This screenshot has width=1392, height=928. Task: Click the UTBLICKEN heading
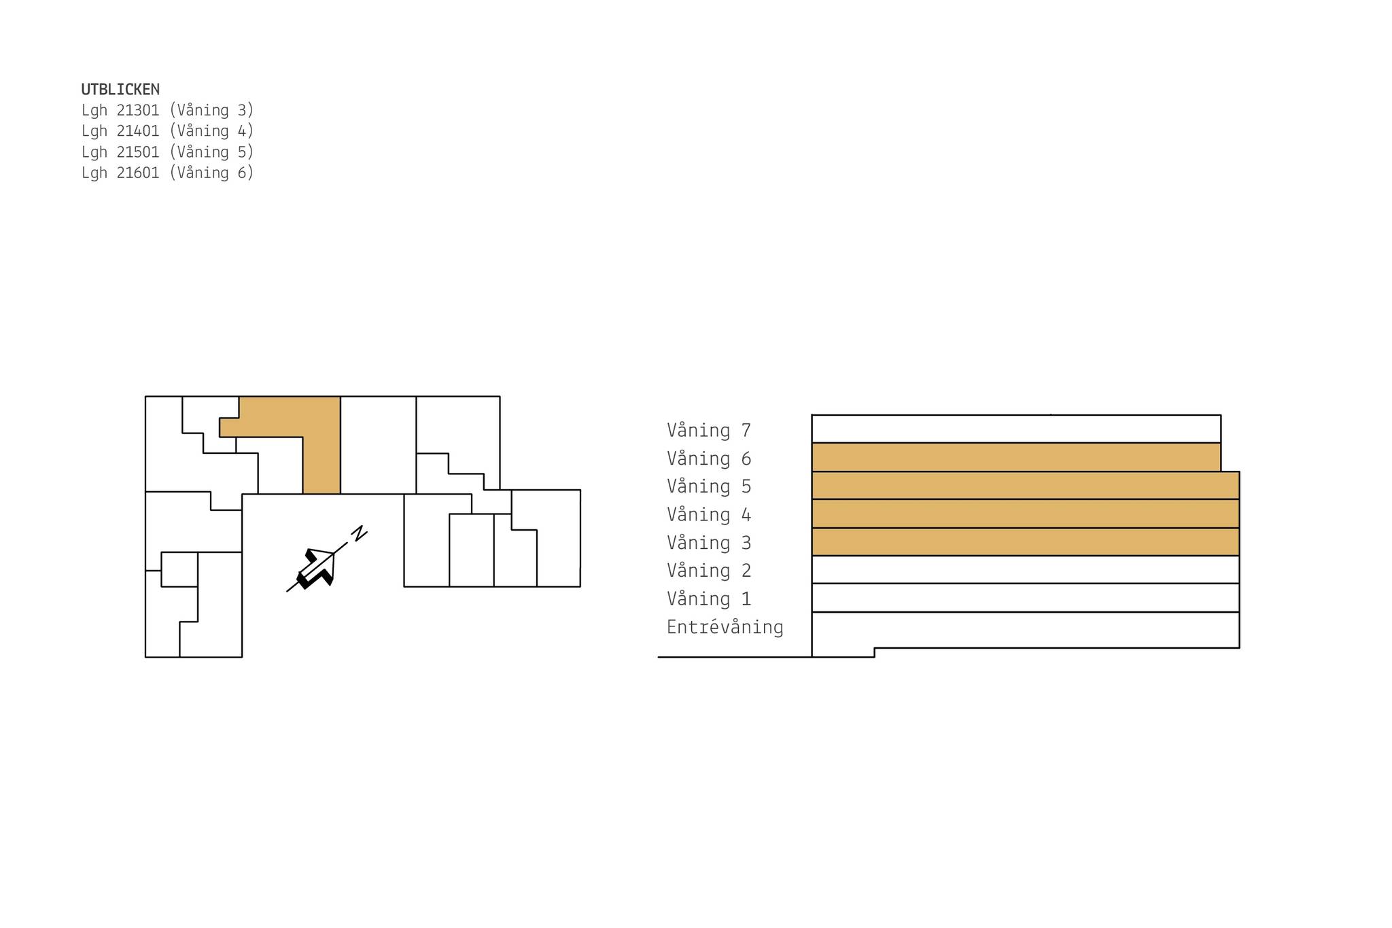(120, 89)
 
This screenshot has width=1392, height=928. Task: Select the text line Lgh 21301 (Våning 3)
(167, 110)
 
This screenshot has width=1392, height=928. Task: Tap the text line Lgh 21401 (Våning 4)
(167, 130)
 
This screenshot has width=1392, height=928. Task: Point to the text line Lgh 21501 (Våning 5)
(167, 151)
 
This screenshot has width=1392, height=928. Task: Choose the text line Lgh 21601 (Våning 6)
(167, 173)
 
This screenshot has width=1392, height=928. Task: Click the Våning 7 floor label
(709, 431)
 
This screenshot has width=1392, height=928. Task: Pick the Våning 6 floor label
(709, 459)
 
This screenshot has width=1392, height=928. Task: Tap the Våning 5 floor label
(709, 486)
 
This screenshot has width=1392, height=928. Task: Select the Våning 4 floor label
(709, 515)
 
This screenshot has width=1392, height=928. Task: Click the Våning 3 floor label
(709, 543)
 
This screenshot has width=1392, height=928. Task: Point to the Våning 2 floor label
(709, 571)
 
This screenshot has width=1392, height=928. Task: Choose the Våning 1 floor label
(709, 599)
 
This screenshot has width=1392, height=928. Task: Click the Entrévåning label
(725, 627)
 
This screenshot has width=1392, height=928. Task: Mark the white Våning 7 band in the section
(1016, 429)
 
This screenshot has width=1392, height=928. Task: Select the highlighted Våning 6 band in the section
(1016, 457)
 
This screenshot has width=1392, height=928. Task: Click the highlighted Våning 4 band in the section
(1025, 514)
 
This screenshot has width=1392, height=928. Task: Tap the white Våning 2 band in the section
(1025, 569)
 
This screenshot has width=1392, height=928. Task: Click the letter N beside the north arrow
(359, 533)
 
